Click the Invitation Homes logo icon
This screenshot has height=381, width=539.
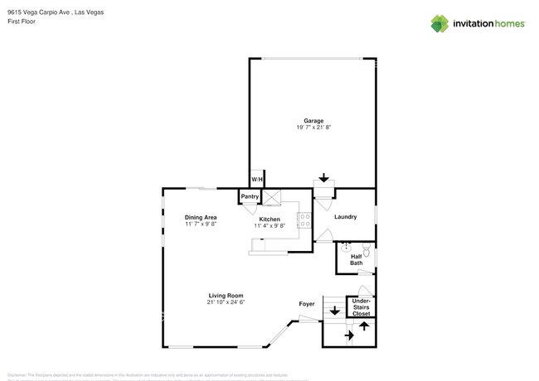pyautogui.click(x=439, y=24)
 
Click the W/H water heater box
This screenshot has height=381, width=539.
pyautogui.click(x=257, y=180)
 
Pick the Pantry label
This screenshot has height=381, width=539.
pyautogui.click(x=250, y=197)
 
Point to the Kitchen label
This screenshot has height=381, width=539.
pyautogui.click(x=269, y=219)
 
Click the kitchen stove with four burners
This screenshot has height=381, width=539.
pyautogui.click(x=304, y=220)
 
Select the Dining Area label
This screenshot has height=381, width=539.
pyautogui.click(x=200, y=218)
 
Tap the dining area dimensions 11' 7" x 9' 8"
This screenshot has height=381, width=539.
pyautogui.click(x=200, y=224)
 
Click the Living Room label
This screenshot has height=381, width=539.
pyautogui.click(x=226, y=296)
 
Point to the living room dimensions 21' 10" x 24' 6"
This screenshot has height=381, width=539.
pyautogui.click(x=226, y=302)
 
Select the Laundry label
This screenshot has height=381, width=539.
pyautogui.click(x=346, y=217)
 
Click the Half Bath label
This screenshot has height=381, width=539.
pyautogui.click(x=356, y=260)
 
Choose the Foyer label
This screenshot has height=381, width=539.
pyautogui.click(x=307, y=304)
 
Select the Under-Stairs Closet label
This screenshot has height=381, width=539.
pyautogui.click(x=362, y=307)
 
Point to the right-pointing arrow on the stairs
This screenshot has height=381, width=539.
pyautogui.click(x=350, y=335)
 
